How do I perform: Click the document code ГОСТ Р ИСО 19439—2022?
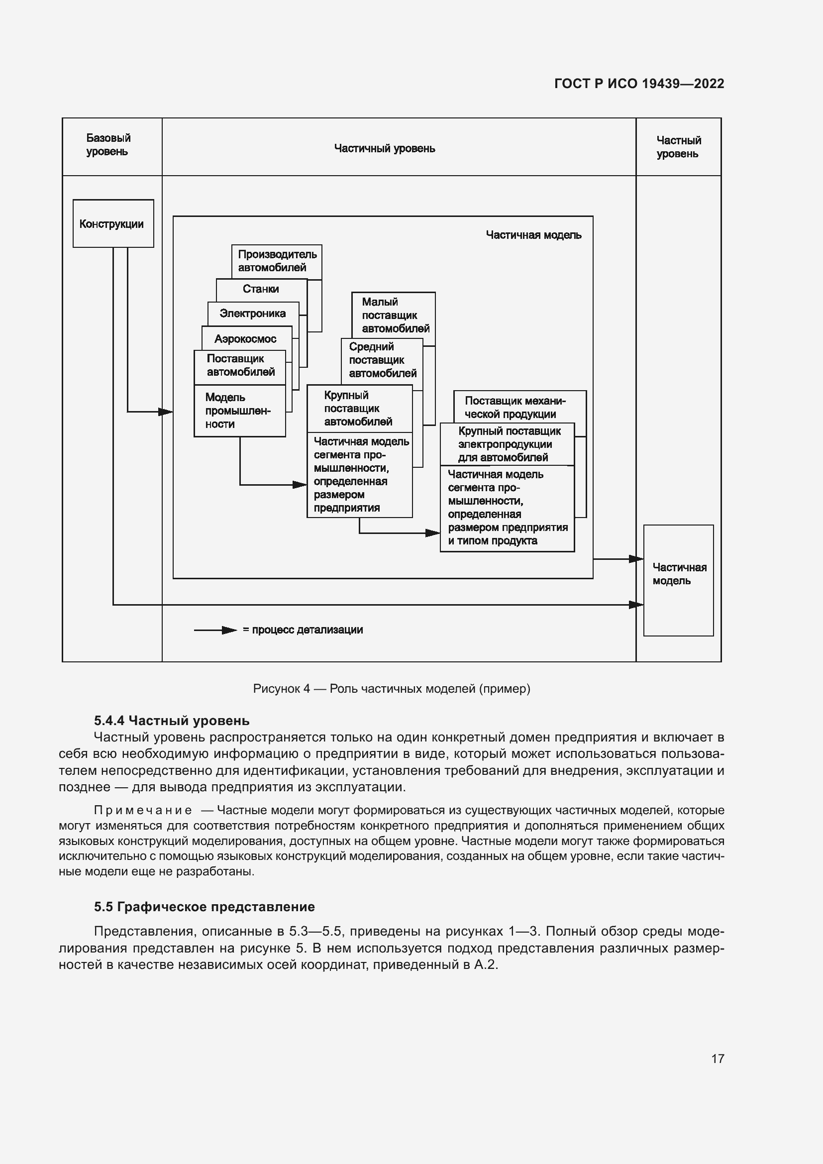pyautogui.click(x=639, y=84)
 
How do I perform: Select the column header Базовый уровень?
pyautogui.click(x=108, y=145)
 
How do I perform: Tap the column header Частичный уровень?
pyautogui.click(x=384, y=148)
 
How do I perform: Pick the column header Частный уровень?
pyautogui.click(x=678, y=147)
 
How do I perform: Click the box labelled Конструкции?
pyautogui.click(x=112, y=224)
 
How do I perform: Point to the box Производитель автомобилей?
pyautogui.click(x=277, y=261)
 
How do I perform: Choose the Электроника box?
pyautogui.click(x=252, y=314)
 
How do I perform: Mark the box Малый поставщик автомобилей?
pyautogui.click(x=394, y=315)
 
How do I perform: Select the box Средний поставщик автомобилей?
pyautogui.click(x=382, y=360)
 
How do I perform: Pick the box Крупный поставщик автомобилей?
pyautogui.click(x=359, y=408)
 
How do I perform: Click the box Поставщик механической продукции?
pyautogui.click(x=515, y=407)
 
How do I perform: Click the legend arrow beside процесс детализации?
pyautogui.click(x=215, y=630)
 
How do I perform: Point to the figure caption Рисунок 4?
pyautogui.click(x=391, y=688)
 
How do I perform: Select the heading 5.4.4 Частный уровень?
pyautogui.click(x=171, y=721)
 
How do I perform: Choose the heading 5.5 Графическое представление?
pyautogui.click(x=204, y=906)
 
